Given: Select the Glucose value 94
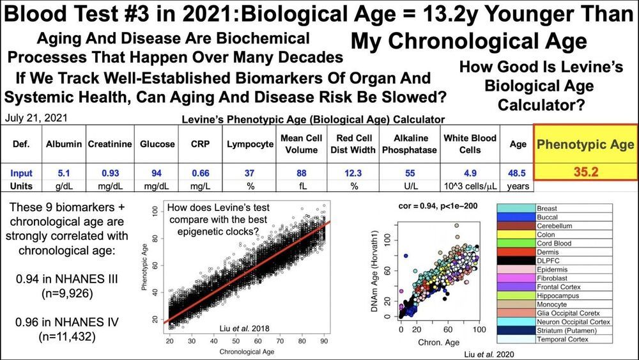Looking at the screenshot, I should tap(157, 173).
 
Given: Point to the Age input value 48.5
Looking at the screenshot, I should tap(518, 173).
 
